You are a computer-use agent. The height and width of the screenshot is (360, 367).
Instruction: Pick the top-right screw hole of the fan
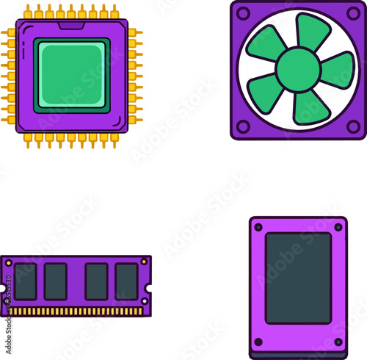tap(352, 12)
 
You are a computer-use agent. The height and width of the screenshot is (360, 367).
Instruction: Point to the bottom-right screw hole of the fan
tap(352, 126)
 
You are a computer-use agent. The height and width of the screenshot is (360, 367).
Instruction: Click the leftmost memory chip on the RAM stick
tap(26, 281)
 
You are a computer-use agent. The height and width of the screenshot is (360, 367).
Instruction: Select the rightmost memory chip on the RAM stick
tap(126, 281)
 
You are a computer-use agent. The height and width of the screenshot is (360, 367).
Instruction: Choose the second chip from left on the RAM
tap(56, 281)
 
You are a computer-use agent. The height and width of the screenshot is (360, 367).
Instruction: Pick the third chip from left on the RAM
tap(96, 281)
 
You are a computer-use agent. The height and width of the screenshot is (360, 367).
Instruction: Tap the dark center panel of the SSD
tap(298, 278)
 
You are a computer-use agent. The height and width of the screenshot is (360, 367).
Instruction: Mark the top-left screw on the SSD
tap(258, 227)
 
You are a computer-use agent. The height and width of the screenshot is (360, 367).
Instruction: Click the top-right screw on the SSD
tap(338, 227)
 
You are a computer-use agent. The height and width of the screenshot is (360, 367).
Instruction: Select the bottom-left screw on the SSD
tap(258, 342)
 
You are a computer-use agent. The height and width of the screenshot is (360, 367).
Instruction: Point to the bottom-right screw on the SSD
tap(338, 342)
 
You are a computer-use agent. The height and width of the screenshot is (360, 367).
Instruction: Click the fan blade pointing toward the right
tap(338, 71)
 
